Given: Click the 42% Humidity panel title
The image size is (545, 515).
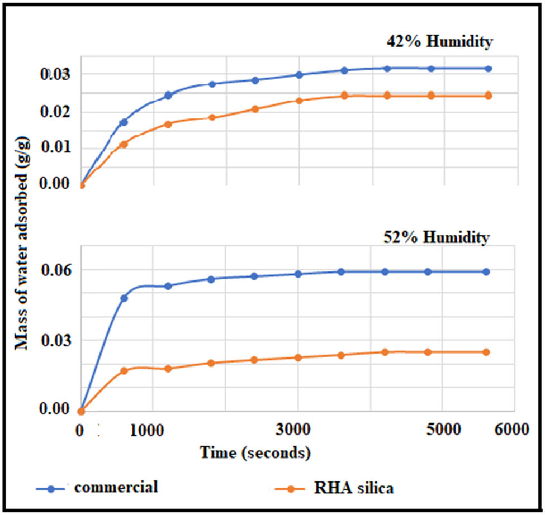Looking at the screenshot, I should pos(439,42).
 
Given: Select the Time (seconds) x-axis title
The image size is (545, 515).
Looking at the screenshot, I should pos(255,451).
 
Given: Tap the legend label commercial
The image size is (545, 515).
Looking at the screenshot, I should pos(116,487).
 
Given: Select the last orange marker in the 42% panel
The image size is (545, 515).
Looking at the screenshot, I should pos(488,96).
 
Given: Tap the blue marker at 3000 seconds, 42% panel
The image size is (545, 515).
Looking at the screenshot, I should pos(299,75).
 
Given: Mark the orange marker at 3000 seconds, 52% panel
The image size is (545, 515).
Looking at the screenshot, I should pos(298,357).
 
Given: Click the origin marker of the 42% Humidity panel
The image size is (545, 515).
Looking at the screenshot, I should pos(81,185).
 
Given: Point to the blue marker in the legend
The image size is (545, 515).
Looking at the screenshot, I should pos(51,488).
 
